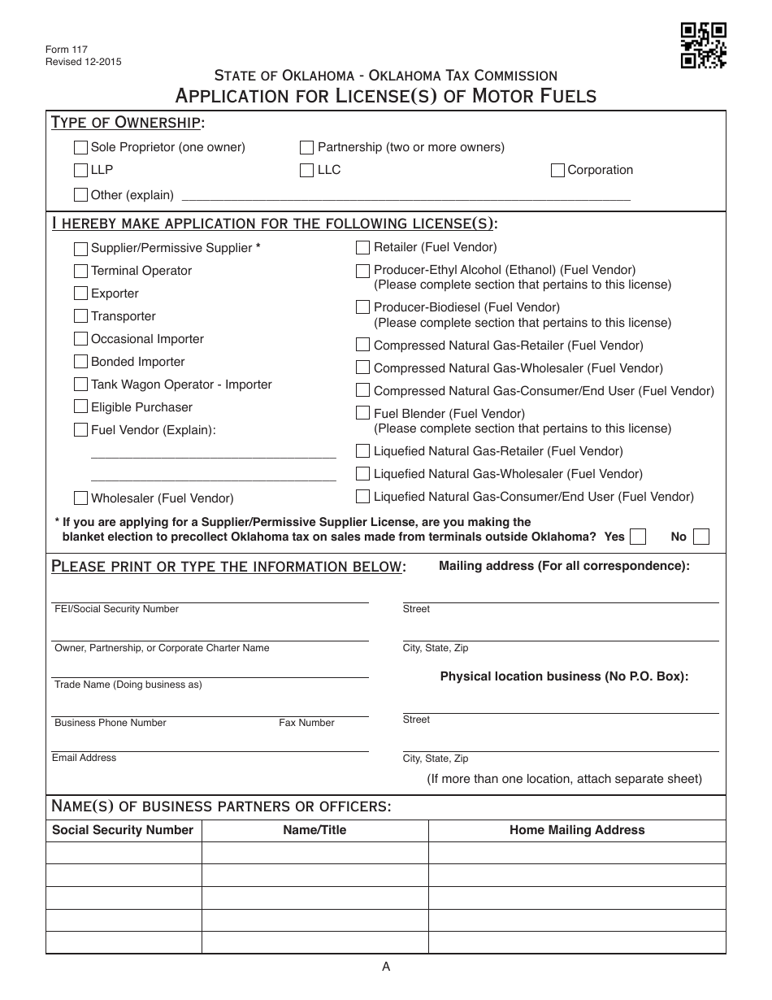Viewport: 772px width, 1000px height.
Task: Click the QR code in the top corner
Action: click(703, 45)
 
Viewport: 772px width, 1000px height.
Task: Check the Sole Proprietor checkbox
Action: click(80, 147)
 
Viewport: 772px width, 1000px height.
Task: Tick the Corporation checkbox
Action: click(557, 170)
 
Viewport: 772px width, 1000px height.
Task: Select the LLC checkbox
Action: click(306, 170)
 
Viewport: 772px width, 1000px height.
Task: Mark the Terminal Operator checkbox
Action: click(80, 271)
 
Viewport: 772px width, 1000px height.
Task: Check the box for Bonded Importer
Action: click(80, 362)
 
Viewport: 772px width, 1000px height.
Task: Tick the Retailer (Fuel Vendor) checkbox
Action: click(362, 247)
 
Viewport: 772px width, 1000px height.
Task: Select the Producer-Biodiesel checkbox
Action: click(362, 307)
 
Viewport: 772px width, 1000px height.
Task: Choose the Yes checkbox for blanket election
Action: click(638, 537)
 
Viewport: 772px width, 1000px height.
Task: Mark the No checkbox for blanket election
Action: click(701, 537)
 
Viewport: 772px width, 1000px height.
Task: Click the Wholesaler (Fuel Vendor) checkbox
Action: click(80, 498)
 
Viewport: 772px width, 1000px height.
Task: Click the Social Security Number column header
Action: click(123, 830)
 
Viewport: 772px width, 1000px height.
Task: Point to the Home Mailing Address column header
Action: click(577, 830)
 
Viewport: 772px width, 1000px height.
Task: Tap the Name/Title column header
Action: click(314, 830)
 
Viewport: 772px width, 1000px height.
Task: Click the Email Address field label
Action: click(85, 758)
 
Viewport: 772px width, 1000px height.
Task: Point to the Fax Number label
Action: click(306, 723)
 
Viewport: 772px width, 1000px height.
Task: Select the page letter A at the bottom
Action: click(386, 967)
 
